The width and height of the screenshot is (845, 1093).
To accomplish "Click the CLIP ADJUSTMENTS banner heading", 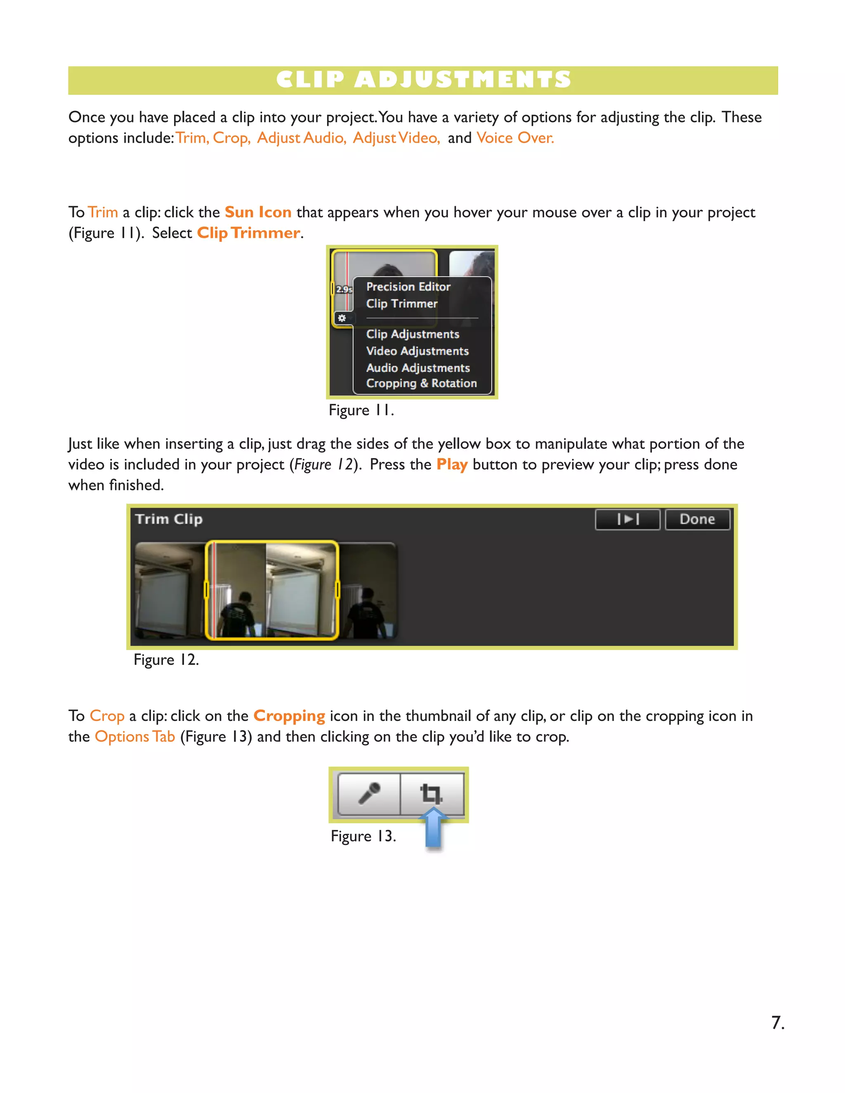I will (423, 80).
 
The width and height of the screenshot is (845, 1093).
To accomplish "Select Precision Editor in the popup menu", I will (408, 287).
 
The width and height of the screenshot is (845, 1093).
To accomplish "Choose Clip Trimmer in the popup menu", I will (401, 304).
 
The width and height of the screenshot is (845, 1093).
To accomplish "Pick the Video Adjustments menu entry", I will (417, 351).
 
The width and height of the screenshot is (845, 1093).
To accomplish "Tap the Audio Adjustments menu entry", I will (418, 368).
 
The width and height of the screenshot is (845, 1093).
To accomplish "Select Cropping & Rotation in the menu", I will (421, 383).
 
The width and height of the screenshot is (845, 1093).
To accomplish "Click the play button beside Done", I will (627, 519).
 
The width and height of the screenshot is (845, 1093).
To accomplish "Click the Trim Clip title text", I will (169, 519).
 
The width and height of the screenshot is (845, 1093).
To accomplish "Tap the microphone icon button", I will (369, 794).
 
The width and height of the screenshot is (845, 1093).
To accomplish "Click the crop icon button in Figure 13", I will (432, 794).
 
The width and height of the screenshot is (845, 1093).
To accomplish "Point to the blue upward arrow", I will (433, 828).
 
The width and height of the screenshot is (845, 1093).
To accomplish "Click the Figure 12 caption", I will (166, 660).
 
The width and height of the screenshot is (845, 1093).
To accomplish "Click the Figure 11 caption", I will (361, 410).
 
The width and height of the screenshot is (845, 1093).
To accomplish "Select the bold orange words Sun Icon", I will (258, 212).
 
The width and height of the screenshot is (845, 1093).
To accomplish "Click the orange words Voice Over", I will (515, 138).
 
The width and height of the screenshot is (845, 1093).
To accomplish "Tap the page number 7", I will (777, 1022).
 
